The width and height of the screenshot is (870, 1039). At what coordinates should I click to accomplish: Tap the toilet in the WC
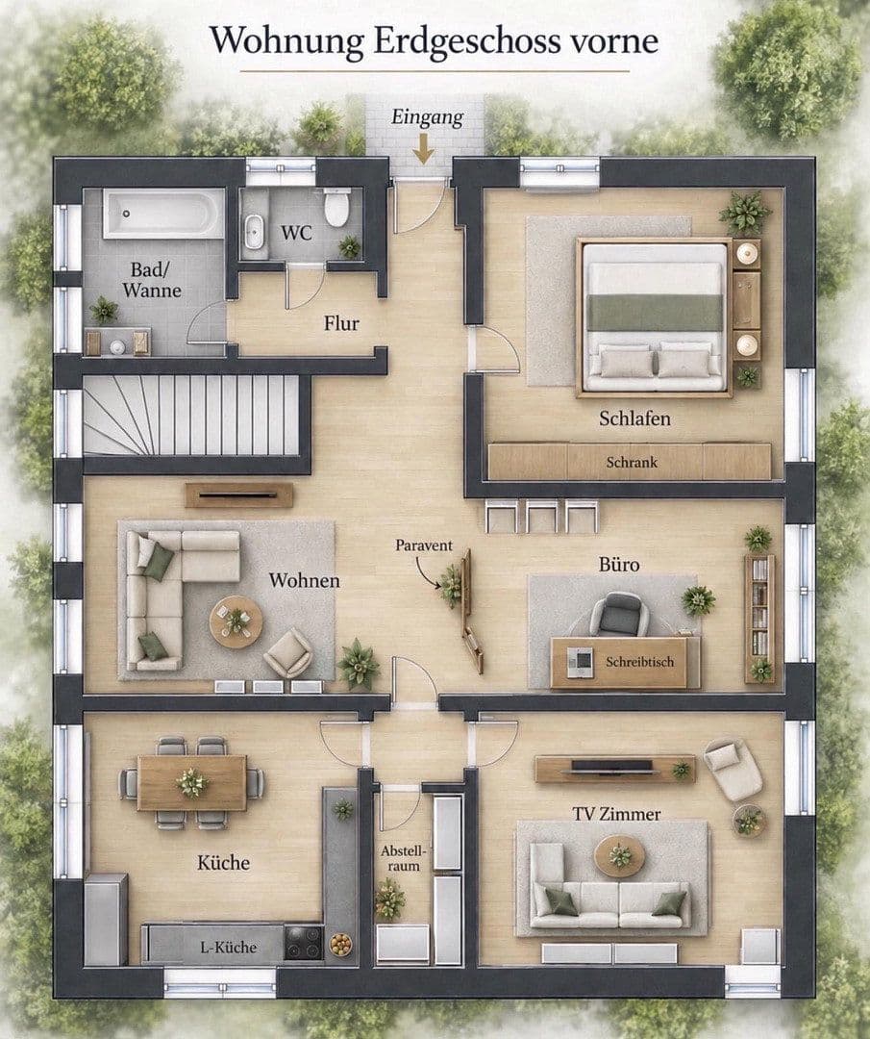[336, 207]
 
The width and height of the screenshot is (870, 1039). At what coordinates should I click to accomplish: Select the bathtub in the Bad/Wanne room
[163, 213]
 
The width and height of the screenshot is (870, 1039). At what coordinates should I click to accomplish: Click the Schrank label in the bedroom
[632, 462]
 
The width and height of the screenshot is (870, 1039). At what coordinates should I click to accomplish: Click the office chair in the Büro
[616, 614]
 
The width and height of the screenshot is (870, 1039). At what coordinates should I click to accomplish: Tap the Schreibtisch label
[639, 661]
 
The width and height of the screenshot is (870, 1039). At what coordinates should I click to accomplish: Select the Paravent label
[424, 545]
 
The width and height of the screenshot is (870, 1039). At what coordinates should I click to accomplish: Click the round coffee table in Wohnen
[236, 622]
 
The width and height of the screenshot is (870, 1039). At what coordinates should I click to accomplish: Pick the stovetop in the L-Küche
[304, 942]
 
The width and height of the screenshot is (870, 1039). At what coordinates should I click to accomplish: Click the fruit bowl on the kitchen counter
[340, 944]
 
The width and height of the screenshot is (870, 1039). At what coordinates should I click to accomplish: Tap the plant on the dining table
[192, 782]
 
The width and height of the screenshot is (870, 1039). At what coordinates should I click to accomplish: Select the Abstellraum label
[403, 858]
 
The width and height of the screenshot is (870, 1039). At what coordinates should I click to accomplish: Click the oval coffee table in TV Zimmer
[620, 855]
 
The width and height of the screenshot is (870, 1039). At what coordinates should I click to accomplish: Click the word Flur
[341, 323]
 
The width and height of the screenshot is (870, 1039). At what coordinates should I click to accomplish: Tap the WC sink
[253, 231]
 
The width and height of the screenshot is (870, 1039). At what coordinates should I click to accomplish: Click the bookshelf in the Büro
[759, 618]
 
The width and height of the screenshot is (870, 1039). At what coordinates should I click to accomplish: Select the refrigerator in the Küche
[106, 919]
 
